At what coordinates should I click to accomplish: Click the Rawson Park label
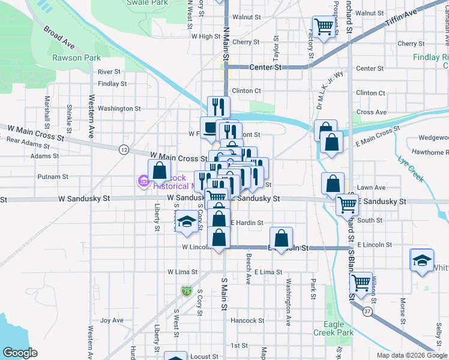[76, 58]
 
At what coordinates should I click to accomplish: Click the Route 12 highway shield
[124, 149]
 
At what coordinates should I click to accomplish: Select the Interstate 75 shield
[187, 292]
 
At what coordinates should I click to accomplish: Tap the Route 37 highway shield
[367, 312]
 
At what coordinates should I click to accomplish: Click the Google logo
[20, 353]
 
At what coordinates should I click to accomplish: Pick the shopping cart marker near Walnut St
[324, 26]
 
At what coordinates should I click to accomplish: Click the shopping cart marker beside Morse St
[361, 282]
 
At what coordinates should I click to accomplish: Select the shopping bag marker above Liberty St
[159, 170]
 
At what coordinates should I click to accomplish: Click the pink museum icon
[143, 180]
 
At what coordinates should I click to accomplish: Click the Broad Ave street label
[59, 37]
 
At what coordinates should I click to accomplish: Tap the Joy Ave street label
[112, 320]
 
